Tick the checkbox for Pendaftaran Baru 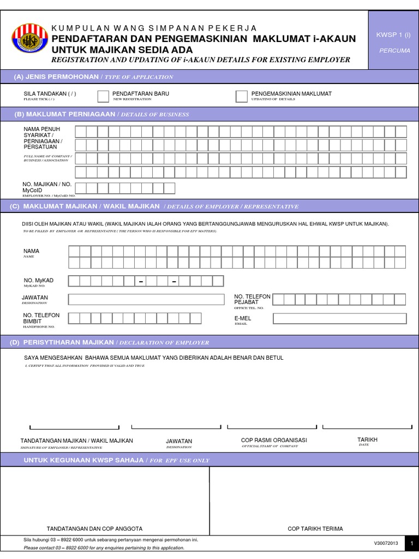tap(103, 97)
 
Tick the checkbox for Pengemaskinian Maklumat tap(241, 97)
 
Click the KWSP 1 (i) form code tap(393, 35)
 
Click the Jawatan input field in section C tap(146, 299)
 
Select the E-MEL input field tap(339, 318)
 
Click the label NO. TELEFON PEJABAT tap(252, 299)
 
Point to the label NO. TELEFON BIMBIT tap(41, 318)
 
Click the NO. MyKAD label tap(38, 281)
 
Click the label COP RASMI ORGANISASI tap(274, 440)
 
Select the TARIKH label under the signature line tap(367, 439)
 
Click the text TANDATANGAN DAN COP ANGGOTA tap(95, 528)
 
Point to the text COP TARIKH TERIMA tap(315, 528)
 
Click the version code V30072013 tap(386, 544)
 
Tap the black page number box tap(412, 544)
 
